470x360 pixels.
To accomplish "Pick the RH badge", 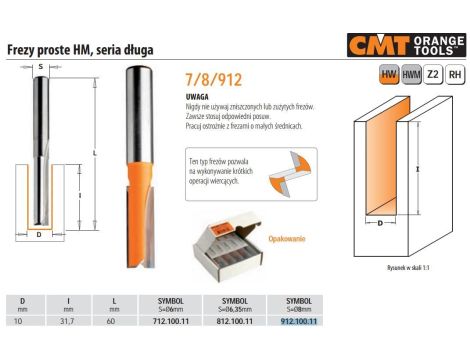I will click(433, 76).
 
